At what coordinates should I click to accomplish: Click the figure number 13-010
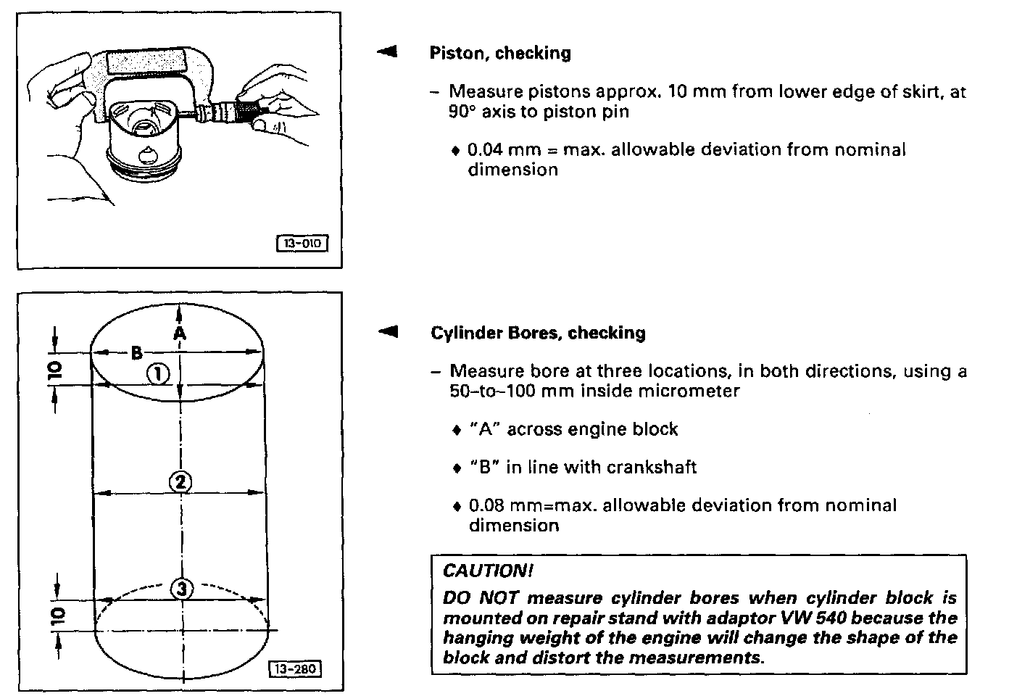302,244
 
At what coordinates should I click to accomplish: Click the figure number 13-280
295,668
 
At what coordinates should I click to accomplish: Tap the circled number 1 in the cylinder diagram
158,374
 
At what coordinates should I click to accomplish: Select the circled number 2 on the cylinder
180,481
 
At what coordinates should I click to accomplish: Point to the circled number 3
181,589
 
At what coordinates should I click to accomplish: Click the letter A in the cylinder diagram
179,332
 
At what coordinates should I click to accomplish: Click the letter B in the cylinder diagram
136,353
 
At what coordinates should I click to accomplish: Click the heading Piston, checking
500,53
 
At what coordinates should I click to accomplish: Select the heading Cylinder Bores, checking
538,333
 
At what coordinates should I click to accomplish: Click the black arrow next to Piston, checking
387,51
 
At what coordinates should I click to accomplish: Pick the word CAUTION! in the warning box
488,571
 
